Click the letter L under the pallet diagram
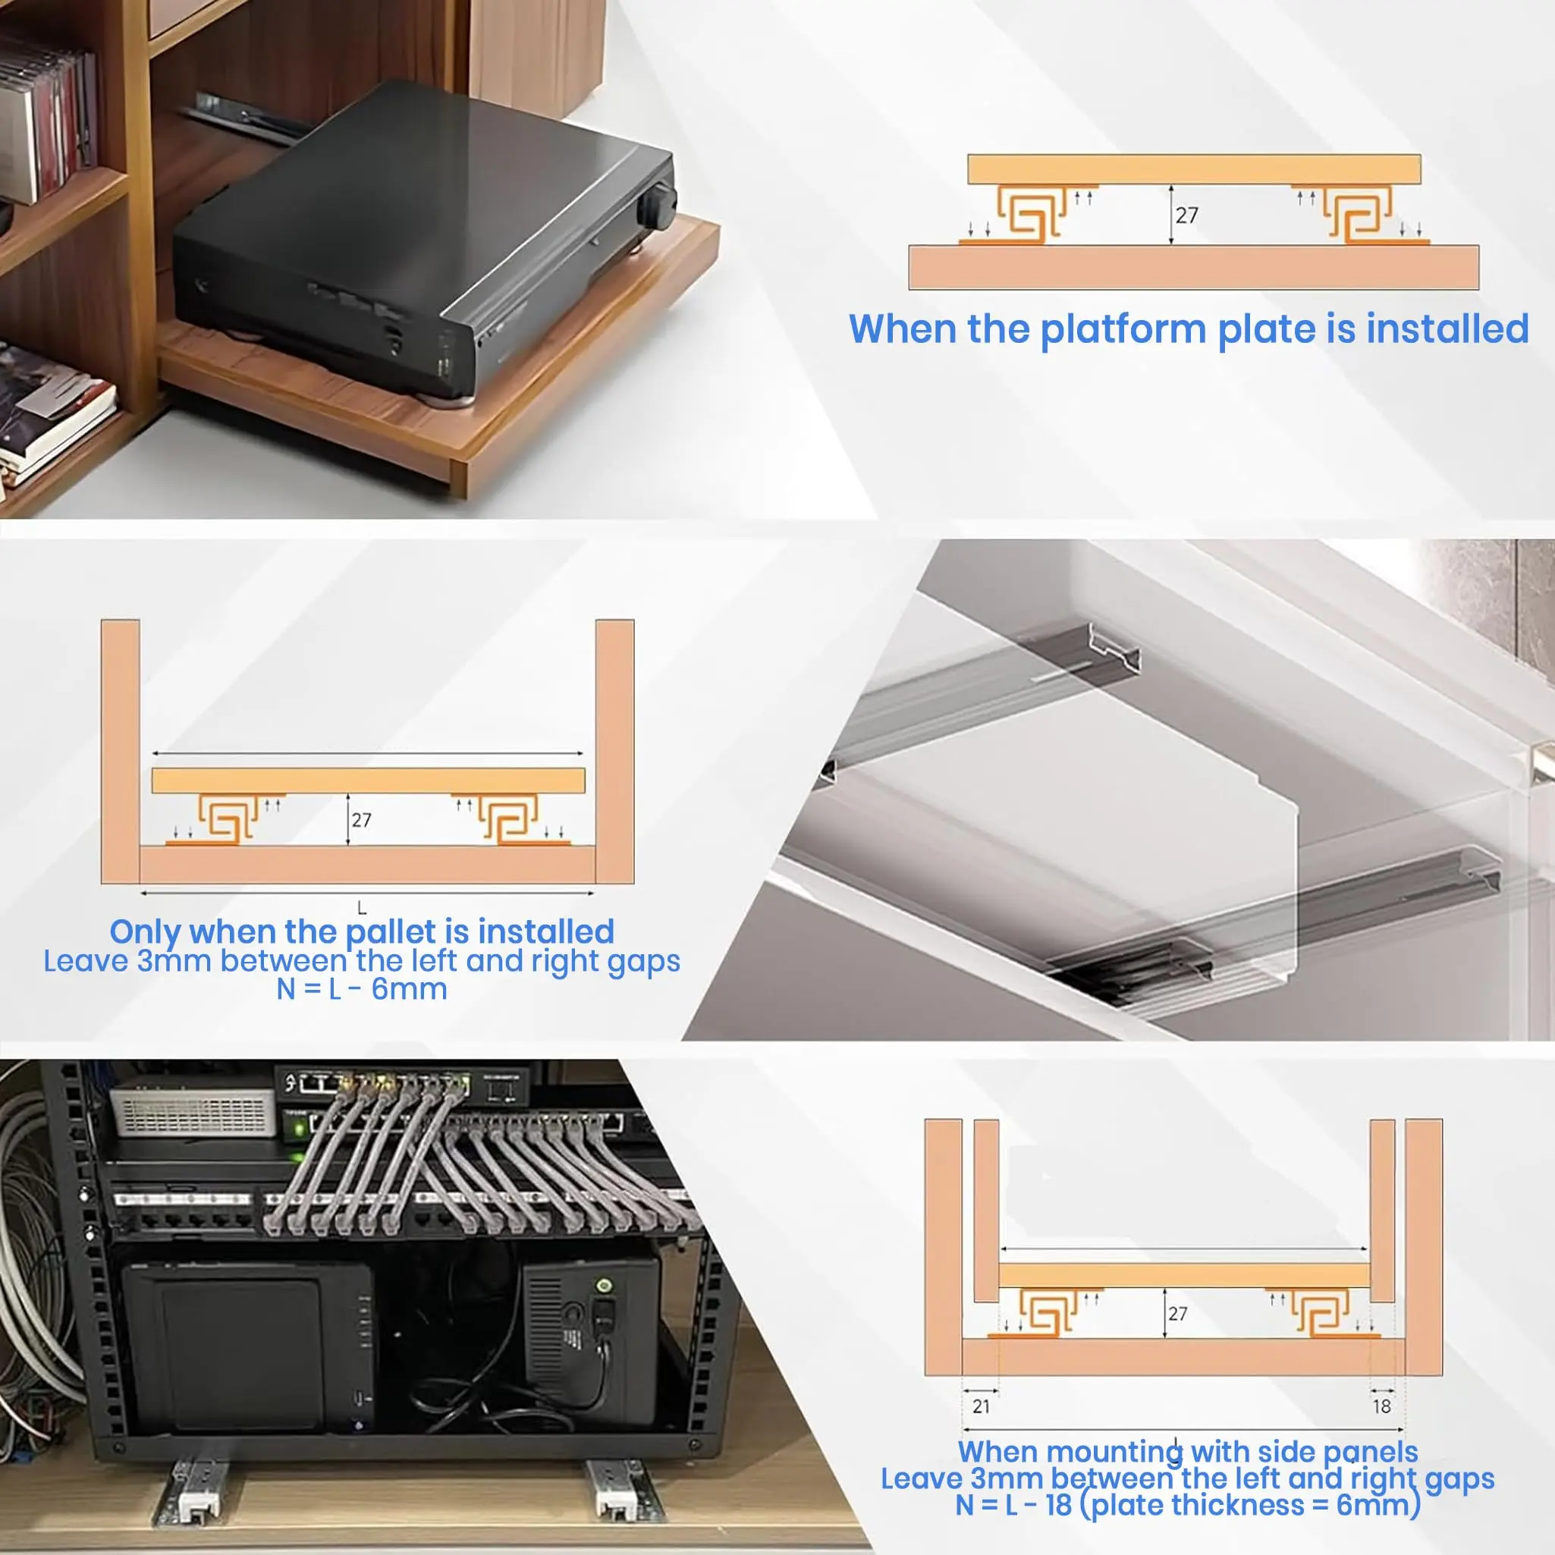click(x=361, y=908)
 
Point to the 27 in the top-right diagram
click(x=1186, y=215)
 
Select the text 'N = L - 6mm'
click(x=361, y=989)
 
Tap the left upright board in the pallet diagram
click(x=121, y=752)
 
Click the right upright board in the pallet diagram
click(x=615, y=752)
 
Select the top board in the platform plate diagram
click(x=1194, y=170)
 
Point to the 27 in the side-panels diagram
click(x=1177, y=1314)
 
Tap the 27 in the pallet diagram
click(x=361, y=820)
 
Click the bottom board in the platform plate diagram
click(x=1194, y=267)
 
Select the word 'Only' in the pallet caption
click(x=145, y=932)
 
